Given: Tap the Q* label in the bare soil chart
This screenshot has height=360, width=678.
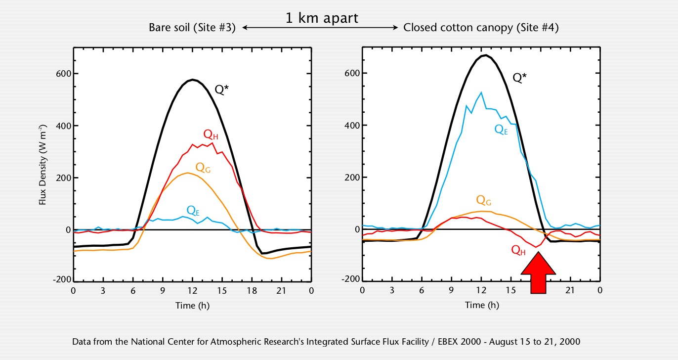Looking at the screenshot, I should tap(221, 90).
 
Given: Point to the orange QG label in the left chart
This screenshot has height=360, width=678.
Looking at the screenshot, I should tap(203, 167).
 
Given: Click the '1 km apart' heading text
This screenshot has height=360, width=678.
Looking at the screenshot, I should tap(322, 18).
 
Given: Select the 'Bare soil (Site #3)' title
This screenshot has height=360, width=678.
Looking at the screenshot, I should tap(192, 28).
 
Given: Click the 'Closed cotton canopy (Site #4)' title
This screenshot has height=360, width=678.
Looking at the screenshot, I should tap(481, 28).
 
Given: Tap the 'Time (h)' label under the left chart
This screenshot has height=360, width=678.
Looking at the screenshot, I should tap(192, 306).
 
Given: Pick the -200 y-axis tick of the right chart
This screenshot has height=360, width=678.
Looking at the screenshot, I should tap(350, 279).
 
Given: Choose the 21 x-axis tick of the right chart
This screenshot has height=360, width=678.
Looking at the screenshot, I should tap(570, 290).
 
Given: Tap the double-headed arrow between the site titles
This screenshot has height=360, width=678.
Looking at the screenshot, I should tap(320, 28).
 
